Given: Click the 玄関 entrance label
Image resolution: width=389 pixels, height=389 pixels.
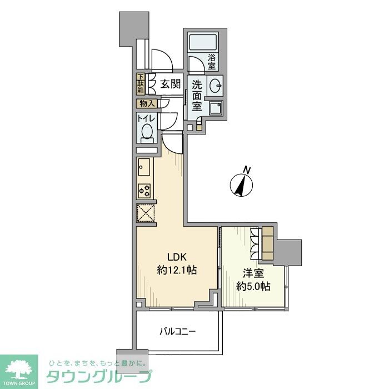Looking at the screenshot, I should (170, 84).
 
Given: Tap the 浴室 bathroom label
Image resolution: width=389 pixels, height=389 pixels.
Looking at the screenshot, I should (212, 62).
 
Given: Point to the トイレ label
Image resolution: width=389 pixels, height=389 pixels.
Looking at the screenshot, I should (146, 118).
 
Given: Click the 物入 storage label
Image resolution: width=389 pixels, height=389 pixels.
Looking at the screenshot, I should (147, 103).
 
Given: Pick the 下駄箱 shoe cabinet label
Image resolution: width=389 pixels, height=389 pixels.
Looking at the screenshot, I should (141, 83).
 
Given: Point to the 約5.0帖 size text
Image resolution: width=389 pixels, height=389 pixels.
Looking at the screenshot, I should (253, 287).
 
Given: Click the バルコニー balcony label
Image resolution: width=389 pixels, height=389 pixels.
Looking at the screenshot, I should (177, 332).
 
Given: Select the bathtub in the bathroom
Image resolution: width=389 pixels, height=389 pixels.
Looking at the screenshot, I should (203, 43).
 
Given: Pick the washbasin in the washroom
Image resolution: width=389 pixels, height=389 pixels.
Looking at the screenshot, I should (215, 86).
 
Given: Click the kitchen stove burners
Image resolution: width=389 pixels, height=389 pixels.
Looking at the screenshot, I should (144, 191).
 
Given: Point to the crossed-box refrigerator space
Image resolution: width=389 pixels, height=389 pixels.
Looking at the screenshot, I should (145, 213).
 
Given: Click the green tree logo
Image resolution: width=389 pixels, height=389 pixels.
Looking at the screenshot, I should (19, 368).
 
